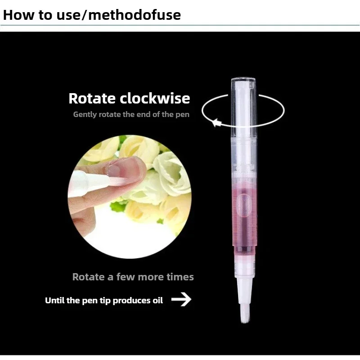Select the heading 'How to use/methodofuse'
click(92, 15)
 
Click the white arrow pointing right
click(181, 299)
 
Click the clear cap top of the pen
click(243, 84)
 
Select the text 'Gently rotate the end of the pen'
click(131, 114)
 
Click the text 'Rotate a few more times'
click(133, 276)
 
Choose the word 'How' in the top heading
click(16, 15)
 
